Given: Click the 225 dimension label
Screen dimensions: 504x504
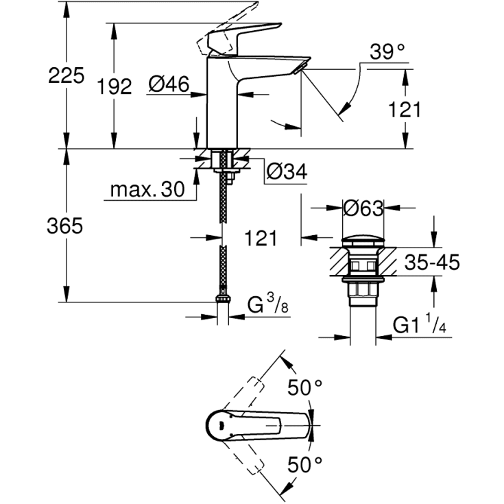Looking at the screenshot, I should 66,75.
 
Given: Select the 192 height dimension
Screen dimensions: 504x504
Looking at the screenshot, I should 114,86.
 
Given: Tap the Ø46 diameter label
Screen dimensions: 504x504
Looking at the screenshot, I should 169,86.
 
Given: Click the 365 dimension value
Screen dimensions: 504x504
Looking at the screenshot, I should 66,226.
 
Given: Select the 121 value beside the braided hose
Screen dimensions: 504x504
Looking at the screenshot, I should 261,238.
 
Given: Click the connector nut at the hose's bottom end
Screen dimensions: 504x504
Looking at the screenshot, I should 222,299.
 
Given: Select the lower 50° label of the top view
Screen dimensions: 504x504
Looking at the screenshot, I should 304,464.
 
